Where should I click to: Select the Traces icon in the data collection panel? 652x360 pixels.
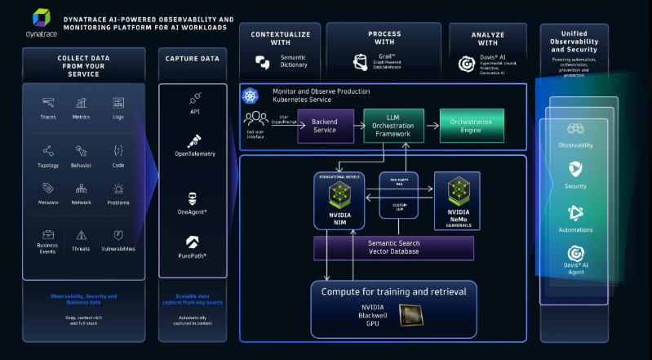(49, 104)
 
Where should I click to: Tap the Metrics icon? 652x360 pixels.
(82, 104)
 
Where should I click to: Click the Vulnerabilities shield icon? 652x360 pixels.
(118, 234)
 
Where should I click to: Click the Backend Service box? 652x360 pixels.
(325, 126)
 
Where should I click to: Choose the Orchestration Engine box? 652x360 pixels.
(472, 126)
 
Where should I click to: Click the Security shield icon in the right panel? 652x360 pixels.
(576, 170)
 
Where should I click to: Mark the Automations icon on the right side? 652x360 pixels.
(576, 212)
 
